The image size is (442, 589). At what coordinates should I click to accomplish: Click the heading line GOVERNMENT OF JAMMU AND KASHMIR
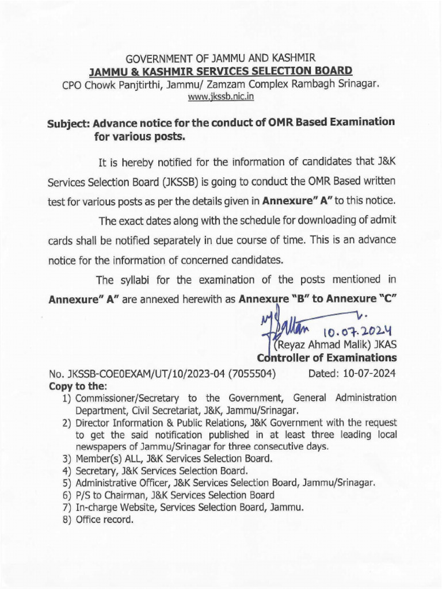tap(221, 59)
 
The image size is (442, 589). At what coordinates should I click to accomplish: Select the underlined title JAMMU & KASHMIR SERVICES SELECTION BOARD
tap(221, 71)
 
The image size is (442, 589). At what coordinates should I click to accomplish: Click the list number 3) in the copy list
tap(67, 458)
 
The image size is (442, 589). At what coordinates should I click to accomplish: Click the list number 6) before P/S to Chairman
tap(67, 495)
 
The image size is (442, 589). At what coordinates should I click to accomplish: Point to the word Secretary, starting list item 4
tap(96, 471)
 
